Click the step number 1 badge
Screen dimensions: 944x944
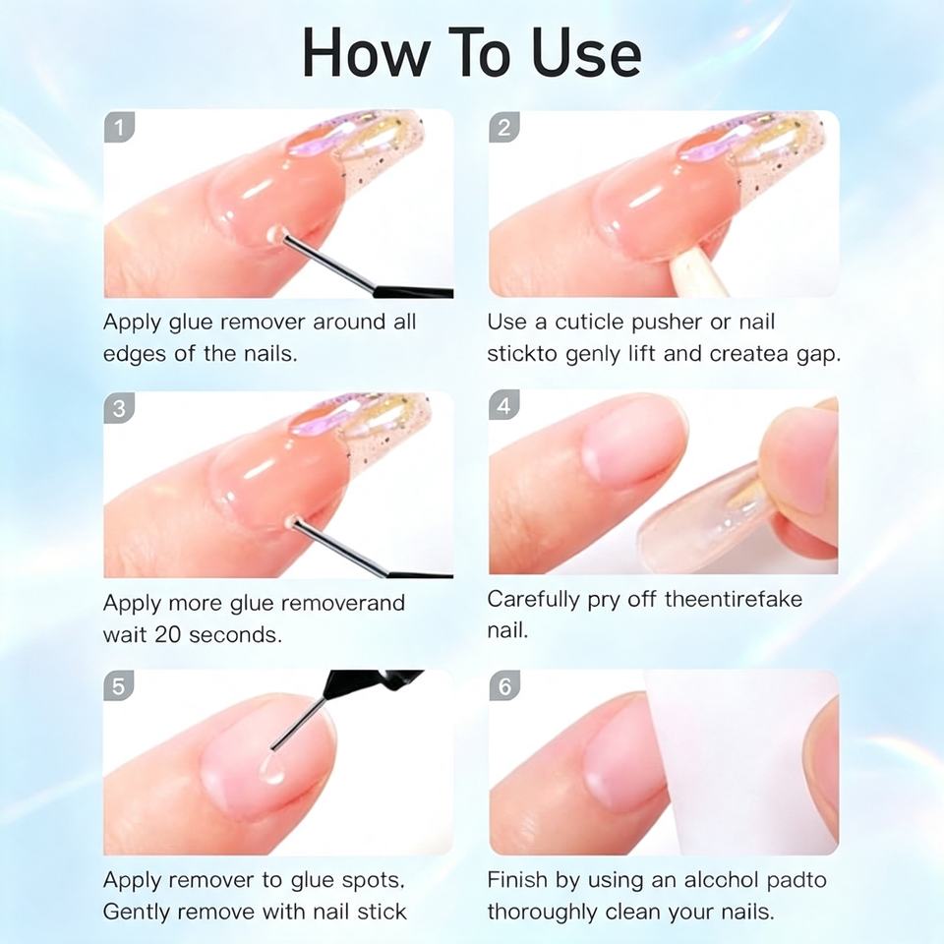[x=119, y=127]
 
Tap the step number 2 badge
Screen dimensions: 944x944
[x=504, y=127]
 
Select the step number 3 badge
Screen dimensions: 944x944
[x=119, y=408]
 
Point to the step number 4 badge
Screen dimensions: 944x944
[x=504, y=405]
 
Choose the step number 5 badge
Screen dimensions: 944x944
[x=119, y=685]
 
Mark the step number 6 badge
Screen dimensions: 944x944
[x=504, y=685]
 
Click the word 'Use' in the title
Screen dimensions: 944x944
[x=587, y=53]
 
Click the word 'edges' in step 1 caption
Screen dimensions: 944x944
[x=136, y=355]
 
